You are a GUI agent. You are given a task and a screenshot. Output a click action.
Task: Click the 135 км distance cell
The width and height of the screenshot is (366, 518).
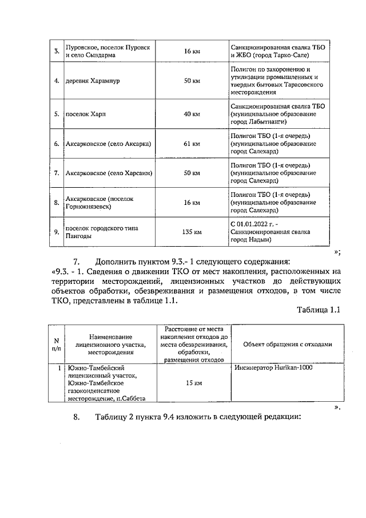coord(192,232)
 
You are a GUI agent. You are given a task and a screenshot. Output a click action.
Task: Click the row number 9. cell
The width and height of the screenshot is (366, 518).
coord(57,232)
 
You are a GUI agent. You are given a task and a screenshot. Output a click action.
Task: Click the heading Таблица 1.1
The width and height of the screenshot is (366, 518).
coord(319,310)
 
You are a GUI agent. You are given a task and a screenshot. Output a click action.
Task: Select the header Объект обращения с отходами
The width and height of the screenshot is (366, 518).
coord(287,344)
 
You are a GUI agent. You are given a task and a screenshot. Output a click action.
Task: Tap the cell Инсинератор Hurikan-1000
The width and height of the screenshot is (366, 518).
coord(274,367)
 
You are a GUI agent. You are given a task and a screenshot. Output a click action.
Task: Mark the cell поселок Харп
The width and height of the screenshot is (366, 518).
coord(86,114)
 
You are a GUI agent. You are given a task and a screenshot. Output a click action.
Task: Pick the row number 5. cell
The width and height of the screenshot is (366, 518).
coord(57,114)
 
